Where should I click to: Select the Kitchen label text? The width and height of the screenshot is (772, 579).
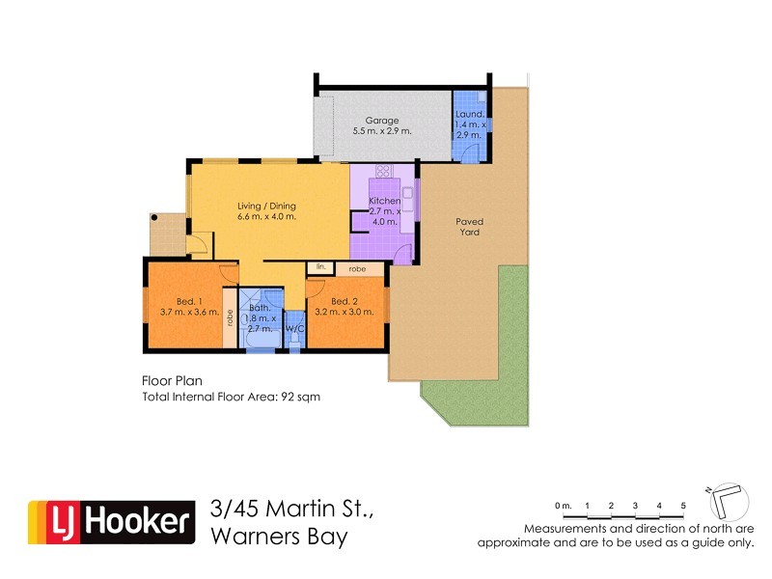pos(385,201)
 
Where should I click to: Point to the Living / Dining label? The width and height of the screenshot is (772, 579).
pos(266,206)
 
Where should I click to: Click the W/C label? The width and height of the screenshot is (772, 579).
pos(295,329)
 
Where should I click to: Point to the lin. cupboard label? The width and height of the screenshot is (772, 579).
pos(319,266)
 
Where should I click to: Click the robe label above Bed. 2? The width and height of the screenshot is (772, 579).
pos(357,268)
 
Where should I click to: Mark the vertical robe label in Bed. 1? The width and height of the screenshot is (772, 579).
pos(229,317)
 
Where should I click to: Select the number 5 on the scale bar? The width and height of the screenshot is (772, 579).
pos(683,506)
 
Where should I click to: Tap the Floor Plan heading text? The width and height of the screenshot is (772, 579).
pos(170,381)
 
